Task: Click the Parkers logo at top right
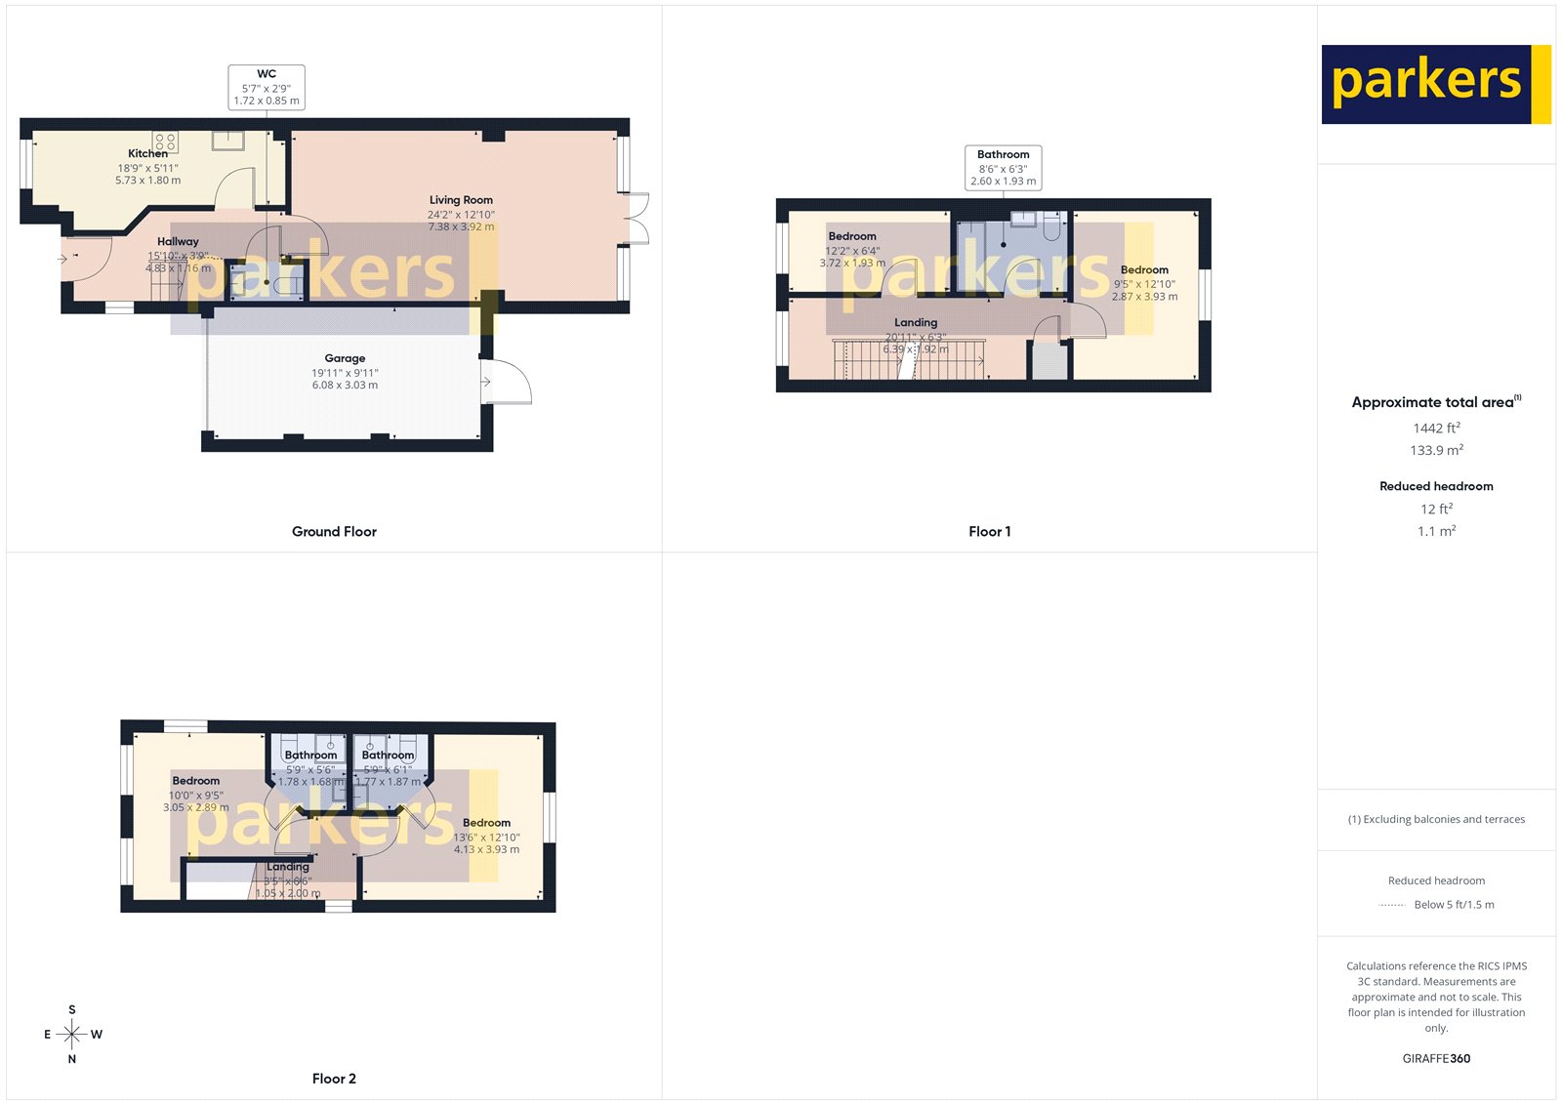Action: click(x=1435, y=84)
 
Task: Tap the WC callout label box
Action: click(x=267, y=87)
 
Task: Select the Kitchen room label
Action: click(x=147, y=153)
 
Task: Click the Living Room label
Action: click(x=461, y=200)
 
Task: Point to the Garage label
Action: click(x=345, y=358)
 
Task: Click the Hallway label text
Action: click(x=178, y=241)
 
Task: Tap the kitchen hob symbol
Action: click(x=165, y=143)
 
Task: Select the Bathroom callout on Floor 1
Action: click(x=1003, y=168)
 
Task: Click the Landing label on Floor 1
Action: click(x=916, y=322)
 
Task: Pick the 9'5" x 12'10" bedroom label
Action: click(x=1144, y=270)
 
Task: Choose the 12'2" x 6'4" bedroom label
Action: click(x=852, y=236)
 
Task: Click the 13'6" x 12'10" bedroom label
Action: click(x=486, y=823)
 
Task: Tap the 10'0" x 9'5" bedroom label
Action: click(x=196, y=781)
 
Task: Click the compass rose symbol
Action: click(x=71, y=1034)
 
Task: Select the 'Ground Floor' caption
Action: click(x=334, y=532)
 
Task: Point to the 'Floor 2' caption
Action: click(x=334, y=1079)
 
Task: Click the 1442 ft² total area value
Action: click(x=1436, y=429)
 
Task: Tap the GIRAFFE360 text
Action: click(x=1436, y=1058)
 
